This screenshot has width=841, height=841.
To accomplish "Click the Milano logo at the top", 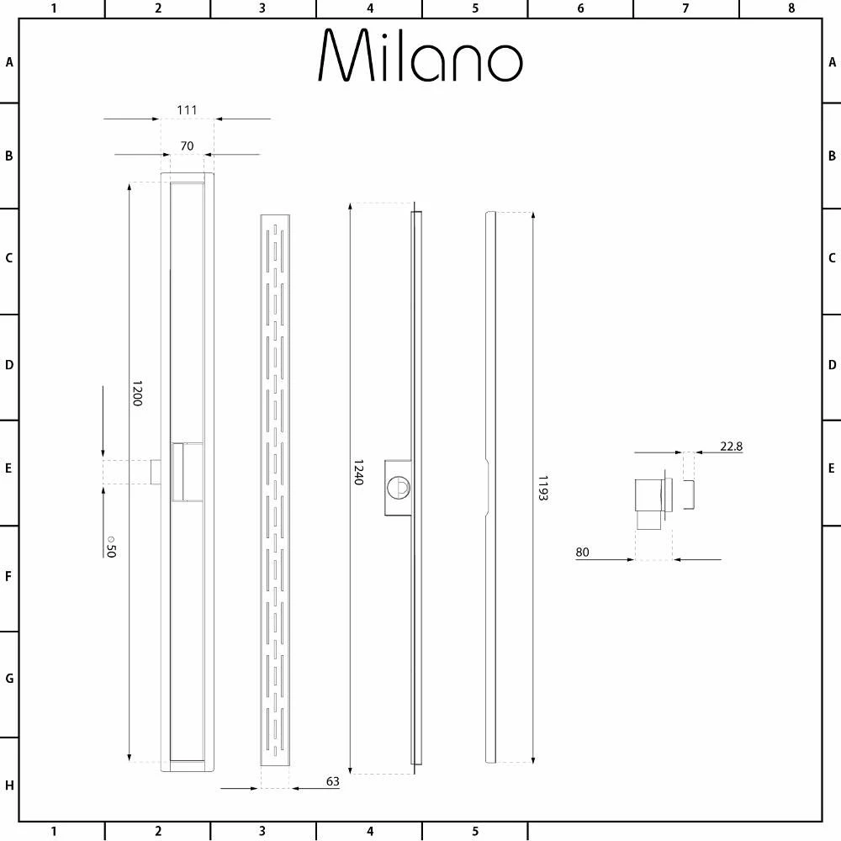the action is click(420, 56).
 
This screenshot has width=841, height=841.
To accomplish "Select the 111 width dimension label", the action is click(187, 110).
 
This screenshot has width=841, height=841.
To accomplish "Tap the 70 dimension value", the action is click(187, 145).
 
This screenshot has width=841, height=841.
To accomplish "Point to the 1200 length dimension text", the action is click(137, 393).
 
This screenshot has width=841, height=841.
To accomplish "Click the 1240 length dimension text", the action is click(359, 472).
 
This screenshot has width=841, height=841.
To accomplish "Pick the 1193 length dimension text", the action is click(542, 488).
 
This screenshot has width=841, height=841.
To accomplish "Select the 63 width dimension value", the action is click(332, 781).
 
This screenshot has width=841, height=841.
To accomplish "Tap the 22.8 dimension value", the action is click(731, 447).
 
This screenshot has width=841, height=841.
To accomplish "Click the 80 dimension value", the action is click(582, 552).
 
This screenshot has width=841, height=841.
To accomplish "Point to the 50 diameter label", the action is click(111, 547).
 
